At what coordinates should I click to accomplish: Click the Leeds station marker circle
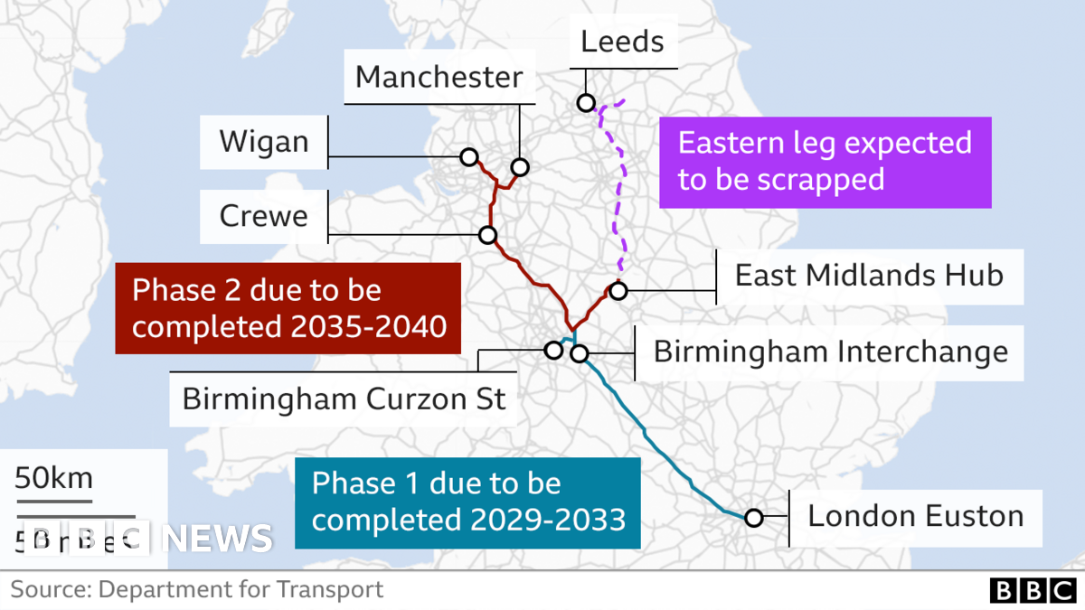tap(586, 103)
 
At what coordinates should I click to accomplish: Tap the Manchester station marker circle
tap(519, 167)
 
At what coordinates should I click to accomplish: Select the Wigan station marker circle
tap(468, 157)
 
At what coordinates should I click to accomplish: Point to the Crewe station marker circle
tap(488, 235)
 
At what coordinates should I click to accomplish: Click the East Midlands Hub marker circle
tap(618, 291)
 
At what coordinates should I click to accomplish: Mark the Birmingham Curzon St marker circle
tap(553, 350)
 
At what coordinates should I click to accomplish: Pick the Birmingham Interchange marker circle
tap(580, 353)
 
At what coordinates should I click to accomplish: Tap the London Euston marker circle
tap(753, 518)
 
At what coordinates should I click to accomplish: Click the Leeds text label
tap(622, 42)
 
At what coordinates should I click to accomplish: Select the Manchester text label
tap(439, 77)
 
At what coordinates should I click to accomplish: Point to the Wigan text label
tap(263, 142)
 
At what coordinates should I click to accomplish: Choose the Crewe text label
tap(263, 216)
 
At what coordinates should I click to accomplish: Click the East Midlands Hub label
tap(869, 275)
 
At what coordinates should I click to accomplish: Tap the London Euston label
tap(915, 516)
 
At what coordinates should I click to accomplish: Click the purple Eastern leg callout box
tap(825, 162)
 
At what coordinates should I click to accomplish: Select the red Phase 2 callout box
tap(288, 308)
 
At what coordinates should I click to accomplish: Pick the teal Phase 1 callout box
tap(467, 502)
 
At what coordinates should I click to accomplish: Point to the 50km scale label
tap(53, 478)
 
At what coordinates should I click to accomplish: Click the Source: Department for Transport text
tap(197, 590)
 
